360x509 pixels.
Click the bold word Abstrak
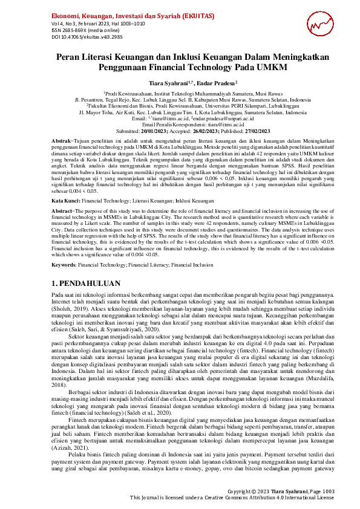tap(62, 140)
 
